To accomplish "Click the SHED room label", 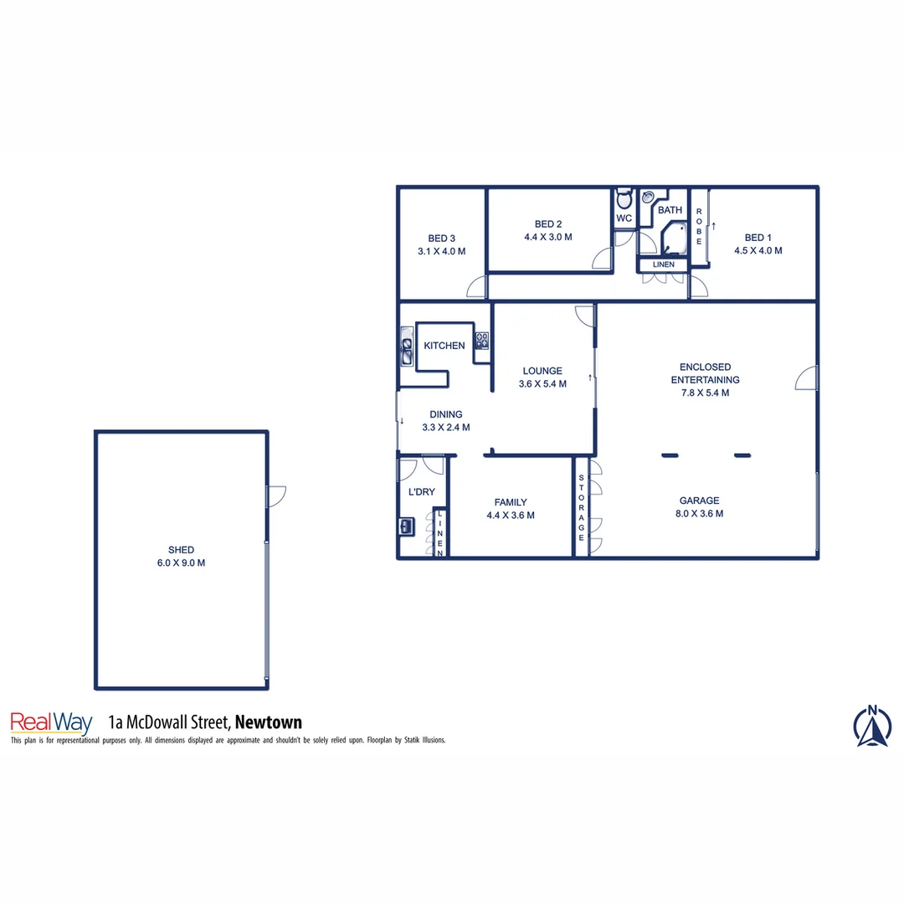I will pos(181,550).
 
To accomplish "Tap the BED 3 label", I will pos(441,238).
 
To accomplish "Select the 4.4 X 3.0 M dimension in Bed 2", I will pos(548,237).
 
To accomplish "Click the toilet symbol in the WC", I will pos(624,201).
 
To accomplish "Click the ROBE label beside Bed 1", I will pos(699,225).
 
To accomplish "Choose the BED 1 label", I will pos(758,237).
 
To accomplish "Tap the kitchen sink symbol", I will pos(407,347).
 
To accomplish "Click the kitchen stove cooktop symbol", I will pos(482,340).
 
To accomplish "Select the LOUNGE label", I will pos(542,371).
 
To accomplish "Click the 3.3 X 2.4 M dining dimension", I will pos(445,427).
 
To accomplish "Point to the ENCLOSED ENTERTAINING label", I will pos(705,373).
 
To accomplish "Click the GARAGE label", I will pos(699,501).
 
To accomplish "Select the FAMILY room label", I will pos(511,502).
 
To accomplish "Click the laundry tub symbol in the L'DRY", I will pos(406,526).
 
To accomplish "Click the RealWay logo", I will pos(50,723).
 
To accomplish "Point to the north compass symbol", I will pos(872,726).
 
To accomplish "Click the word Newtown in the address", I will pos(269,722).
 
